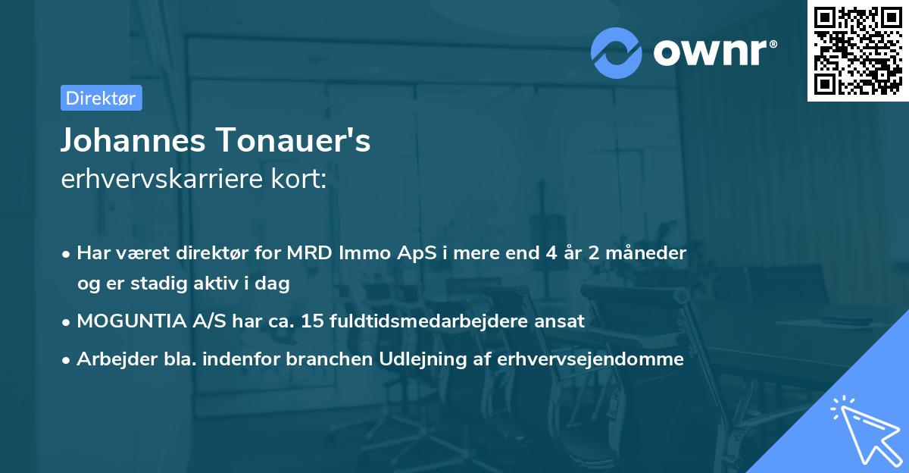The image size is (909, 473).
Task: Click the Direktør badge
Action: coord(101,98)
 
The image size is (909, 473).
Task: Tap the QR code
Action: coord(858,51)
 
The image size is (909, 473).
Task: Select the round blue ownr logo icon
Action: coord(617,52)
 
